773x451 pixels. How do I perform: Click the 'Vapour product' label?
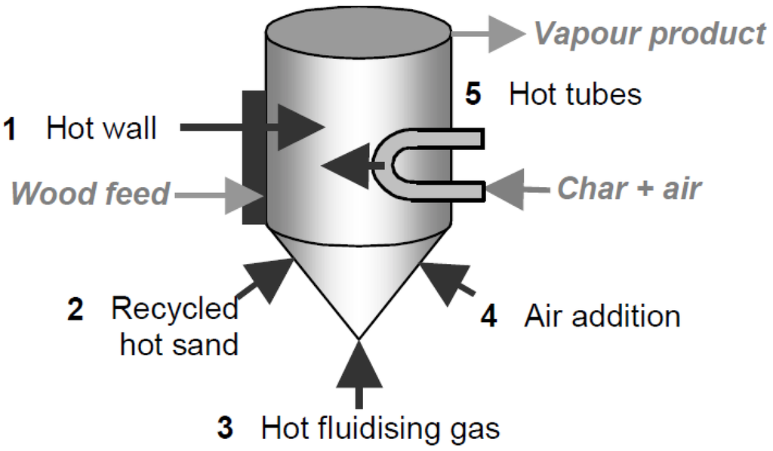(649, 35)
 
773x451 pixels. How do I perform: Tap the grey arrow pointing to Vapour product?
(491, 34)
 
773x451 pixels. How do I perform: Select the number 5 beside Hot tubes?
(473, 95)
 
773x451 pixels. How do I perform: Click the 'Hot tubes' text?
(575, 95)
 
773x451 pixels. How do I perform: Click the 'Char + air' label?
(629, 189)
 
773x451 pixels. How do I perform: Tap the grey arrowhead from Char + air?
(503, 189)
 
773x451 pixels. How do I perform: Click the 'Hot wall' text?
(101, 128)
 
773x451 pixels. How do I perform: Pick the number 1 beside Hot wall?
(11, 129)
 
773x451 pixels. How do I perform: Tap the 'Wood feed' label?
(91, 194)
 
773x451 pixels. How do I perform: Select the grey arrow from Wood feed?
(226, 195)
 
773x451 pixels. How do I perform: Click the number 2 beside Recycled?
(75, 310)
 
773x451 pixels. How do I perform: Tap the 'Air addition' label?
(602, 316)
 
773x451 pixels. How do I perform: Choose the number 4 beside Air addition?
(489, 316)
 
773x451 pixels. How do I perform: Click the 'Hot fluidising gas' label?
(380, 428)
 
